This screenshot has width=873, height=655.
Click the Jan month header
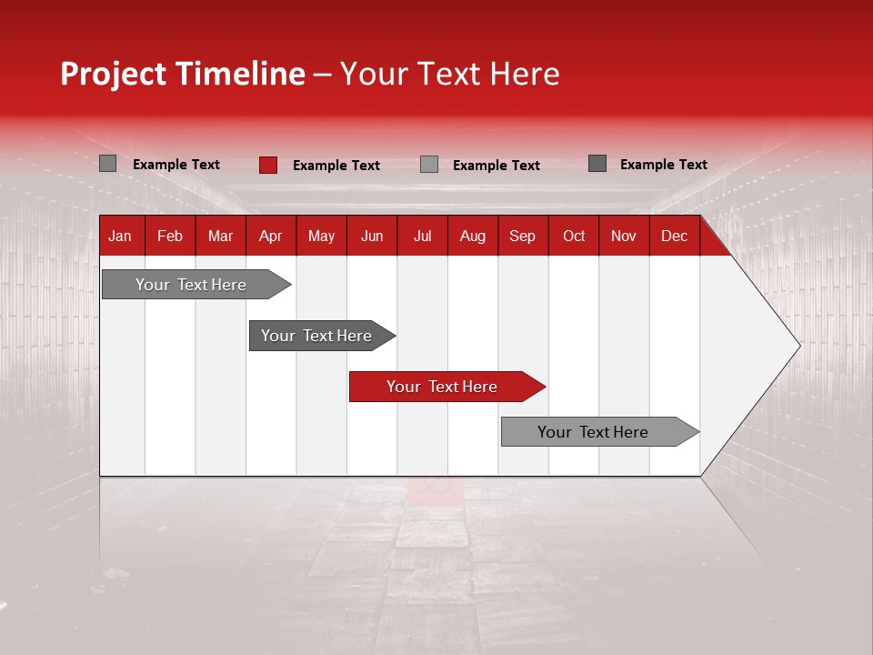pyautogui.click(x=120, y=237)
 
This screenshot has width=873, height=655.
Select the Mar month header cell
pyautogui.click(x=220, y=237)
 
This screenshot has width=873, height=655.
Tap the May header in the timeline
pyautogui.click(x=321, y=237)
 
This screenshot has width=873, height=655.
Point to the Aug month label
pyautogui.click(x=472, y=237)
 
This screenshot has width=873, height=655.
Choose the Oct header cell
pyautogui.click(x=574, y=237)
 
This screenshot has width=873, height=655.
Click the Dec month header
pyautogui.click(x=674, y=237)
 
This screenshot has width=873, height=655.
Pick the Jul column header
pyautogui.click(x=422, y=237)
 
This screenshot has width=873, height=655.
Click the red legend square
pyautogui.click(x=267, y=165)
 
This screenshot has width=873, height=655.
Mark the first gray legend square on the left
pyautogui.click(x=107, y=164)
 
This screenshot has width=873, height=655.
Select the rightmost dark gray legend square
pyautogui.click(x=597, y=164)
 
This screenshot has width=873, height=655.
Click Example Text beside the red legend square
pyautogui.click(x=336, y=166)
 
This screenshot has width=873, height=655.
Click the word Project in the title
pyautogui.click(x=112, y=75)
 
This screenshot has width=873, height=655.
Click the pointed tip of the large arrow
pyautogui.click(x=798, y=345)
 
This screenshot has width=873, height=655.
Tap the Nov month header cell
pyautogui.click(x=623, y=237)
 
